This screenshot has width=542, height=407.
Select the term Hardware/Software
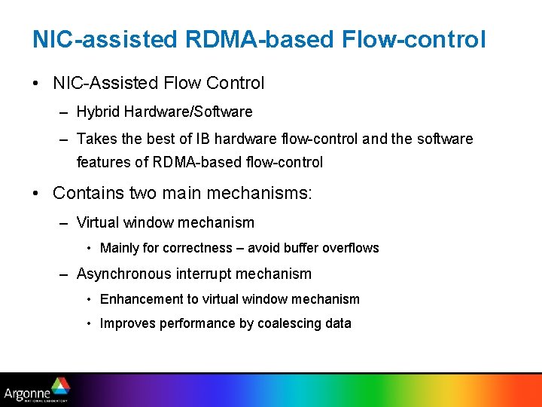(x=188, y=112)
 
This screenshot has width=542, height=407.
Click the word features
(x=103, y=162)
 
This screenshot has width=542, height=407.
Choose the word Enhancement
(x=138, y=299)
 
